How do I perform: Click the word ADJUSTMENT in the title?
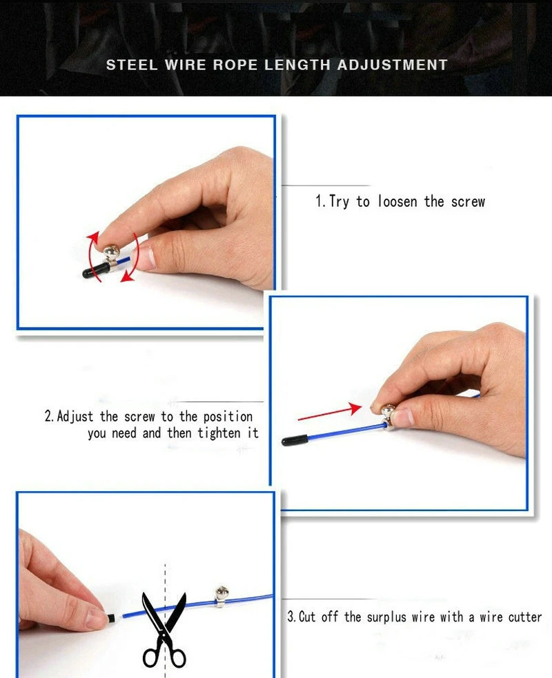[392, 65]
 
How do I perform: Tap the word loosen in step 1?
[398, 201]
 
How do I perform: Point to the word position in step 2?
[227, 417]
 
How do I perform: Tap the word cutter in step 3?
[525, 616]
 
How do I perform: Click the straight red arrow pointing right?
[329, 412]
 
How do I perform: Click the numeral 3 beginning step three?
[290, 617]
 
